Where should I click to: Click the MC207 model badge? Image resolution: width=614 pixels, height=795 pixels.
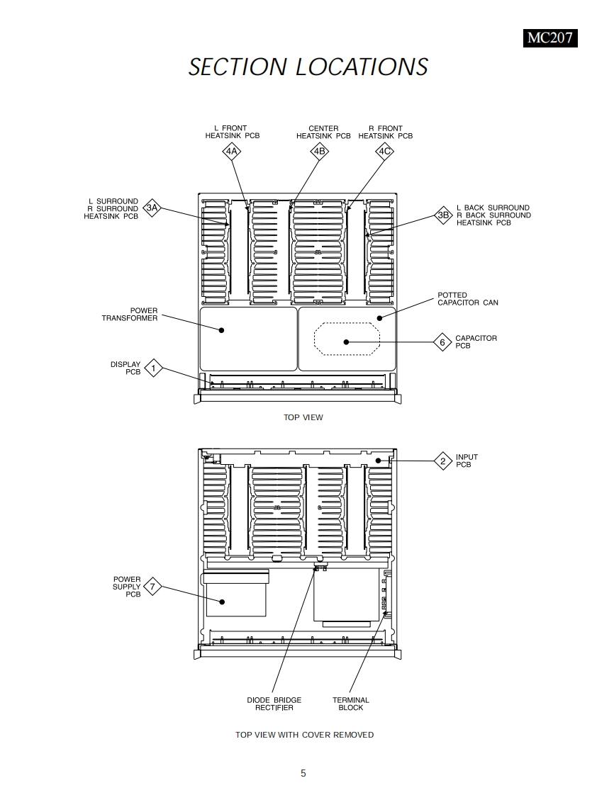pyautogui.click(x=549, y=38)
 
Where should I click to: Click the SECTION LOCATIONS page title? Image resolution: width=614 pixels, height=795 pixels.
pyautogui.click(x=308, y=67)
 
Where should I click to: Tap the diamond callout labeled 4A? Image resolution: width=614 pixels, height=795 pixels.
pyautogui.click(x=232, y=151)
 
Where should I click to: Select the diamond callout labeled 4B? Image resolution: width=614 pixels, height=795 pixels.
pyautogui.click(x=319, y=151)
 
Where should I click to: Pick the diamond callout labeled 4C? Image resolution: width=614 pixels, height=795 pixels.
pyautogui.click(x=384, y=151)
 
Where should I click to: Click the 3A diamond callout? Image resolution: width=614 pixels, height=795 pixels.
pyautogui.click(x=152, y=208)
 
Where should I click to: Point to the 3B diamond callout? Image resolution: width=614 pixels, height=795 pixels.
pyautogui.click(x=444, y=215)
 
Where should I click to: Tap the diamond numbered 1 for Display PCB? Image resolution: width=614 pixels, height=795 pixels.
pyautogui.click(x=153, y=368)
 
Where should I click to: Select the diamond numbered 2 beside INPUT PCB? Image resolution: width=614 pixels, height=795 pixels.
pyautogui.click(x=443, y=461)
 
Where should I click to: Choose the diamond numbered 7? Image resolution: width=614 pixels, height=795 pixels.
pyautogui.click(x=152, y=587)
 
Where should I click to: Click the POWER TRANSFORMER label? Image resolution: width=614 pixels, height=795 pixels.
pyautogui.click(x=130, y=315)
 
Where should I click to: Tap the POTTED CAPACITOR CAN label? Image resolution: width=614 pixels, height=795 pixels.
pyautogui.click(x=467, y=299)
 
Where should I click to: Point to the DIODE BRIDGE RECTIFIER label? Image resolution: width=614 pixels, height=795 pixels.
pyautogui.click(x=274, y=704)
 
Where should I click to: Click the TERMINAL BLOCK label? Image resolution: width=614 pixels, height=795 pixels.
pyautogui.click(x=351, y=704)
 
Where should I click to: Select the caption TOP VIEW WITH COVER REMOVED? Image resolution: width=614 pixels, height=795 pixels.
pyautogui.click(x=304, y=735)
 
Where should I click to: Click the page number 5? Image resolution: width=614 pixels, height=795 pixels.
pyautogui.click(x=303, y=773)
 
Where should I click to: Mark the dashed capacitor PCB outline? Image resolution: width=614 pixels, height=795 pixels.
pyautogui.click(x=347, y=325)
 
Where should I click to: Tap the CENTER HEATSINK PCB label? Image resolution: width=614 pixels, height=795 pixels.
pyautogui.click(x=323, y=132)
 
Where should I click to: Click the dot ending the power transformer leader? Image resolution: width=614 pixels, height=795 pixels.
pyautogui.click(x=222, y=330)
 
